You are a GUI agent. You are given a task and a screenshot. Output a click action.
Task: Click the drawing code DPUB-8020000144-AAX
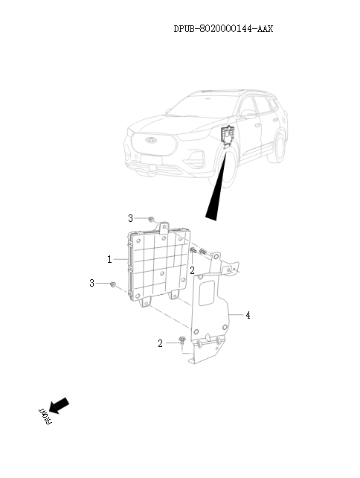pos(223,29)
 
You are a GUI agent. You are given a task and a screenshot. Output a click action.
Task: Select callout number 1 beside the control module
pos(109,260)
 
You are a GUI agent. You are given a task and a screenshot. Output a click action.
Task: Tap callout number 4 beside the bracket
pos(248,316)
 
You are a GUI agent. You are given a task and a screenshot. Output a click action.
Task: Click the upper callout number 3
pos(130,218)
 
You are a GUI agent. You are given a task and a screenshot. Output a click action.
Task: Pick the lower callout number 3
pos(91,284)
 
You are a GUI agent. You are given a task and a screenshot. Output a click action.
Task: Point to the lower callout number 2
pos(159,343)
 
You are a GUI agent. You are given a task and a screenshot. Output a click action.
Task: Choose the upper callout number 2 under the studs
pos(192,270)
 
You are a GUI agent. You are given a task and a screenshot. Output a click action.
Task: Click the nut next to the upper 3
pos(151,219)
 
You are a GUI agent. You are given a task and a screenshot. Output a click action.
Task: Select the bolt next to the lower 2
pos(181,341)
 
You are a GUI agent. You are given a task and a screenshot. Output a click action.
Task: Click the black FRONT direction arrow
pos(59,406)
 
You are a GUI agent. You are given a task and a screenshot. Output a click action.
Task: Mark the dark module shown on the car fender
pos(228,136)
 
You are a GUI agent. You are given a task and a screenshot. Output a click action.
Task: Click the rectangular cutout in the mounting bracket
pos(211,287)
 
